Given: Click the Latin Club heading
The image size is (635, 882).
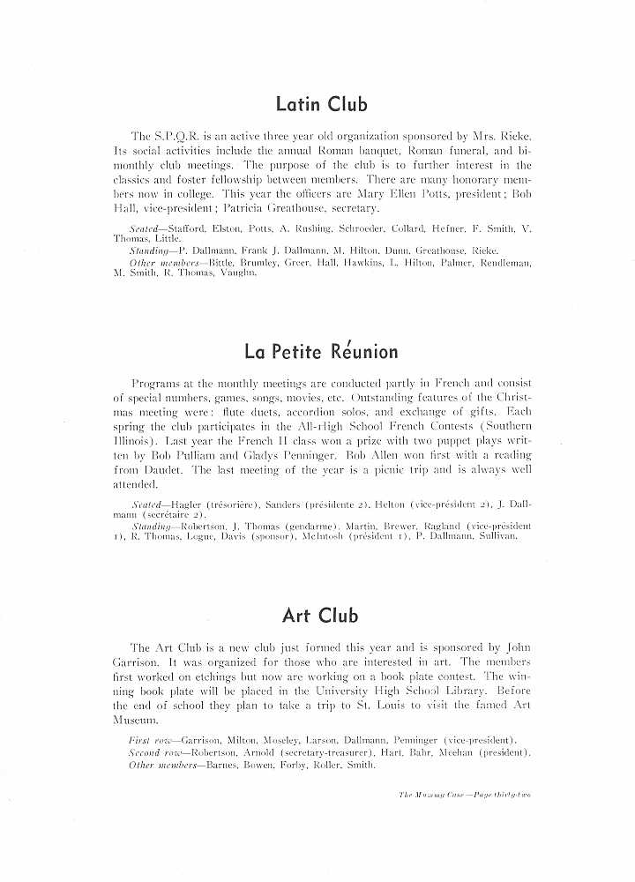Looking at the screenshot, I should pos(321,105).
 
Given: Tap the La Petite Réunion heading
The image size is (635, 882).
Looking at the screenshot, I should pos(321,352).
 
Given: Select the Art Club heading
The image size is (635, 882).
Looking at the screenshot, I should pos(321,615).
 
